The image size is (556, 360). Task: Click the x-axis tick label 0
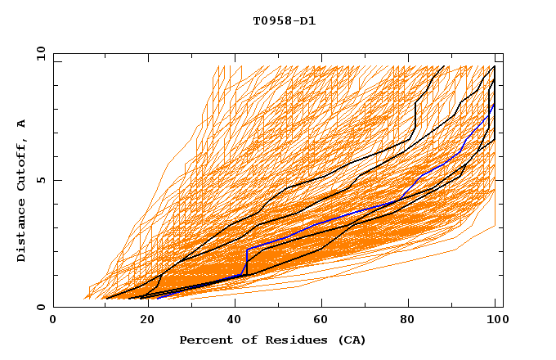click(x=53, y=320)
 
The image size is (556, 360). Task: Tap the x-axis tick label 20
click(x=142, y=320)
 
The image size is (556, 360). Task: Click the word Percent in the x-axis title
click(x=202, y=340)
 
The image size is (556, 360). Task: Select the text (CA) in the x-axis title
click(x=352, y=340)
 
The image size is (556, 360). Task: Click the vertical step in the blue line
click(x=247, y=262)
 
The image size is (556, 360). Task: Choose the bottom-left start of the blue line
click(x=158, y=298)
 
